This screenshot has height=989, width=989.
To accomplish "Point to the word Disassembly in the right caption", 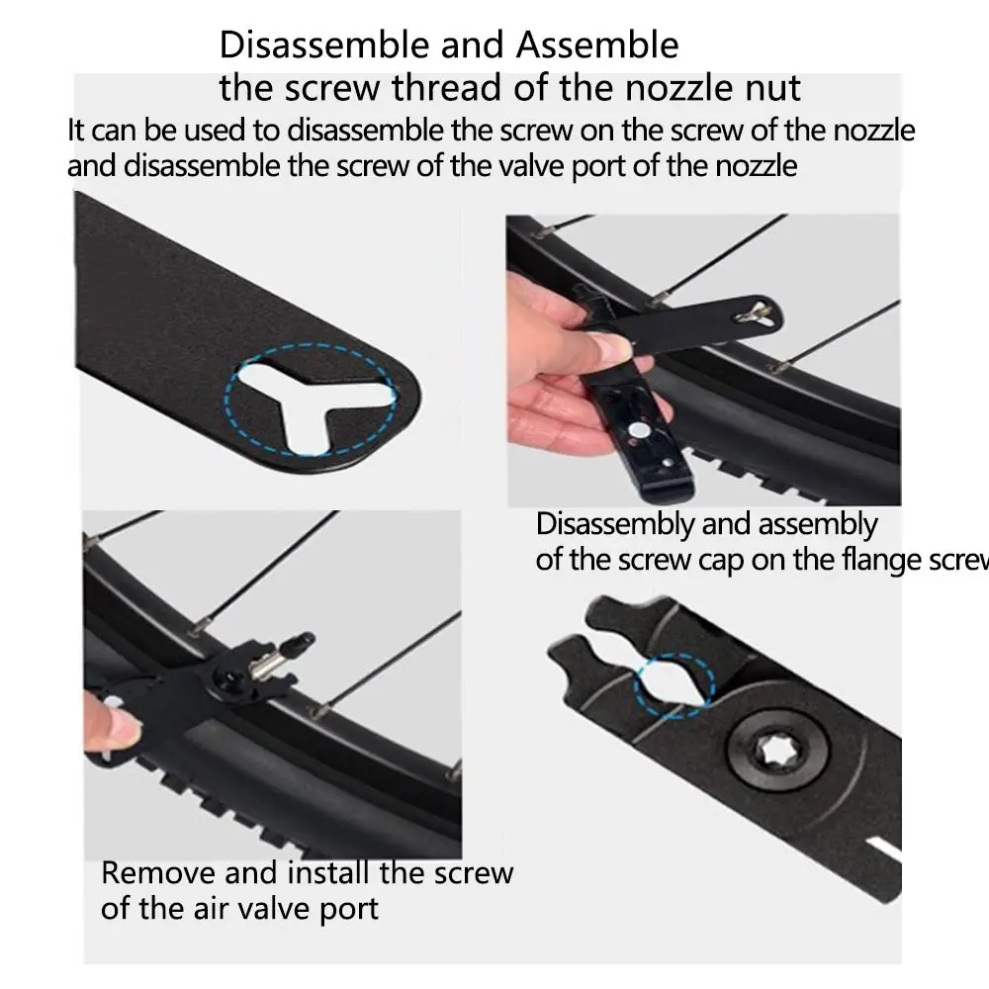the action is coord(615,525).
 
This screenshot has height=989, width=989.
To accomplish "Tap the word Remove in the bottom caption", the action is coord(158,873).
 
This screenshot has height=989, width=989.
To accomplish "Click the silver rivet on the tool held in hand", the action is coord(638,431).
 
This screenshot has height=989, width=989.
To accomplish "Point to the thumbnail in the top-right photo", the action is coord(610,344).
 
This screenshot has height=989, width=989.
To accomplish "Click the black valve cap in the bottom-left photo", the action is coord(299,644).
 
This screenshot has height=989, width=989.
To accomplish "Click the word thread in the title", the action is coord(445,88).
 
